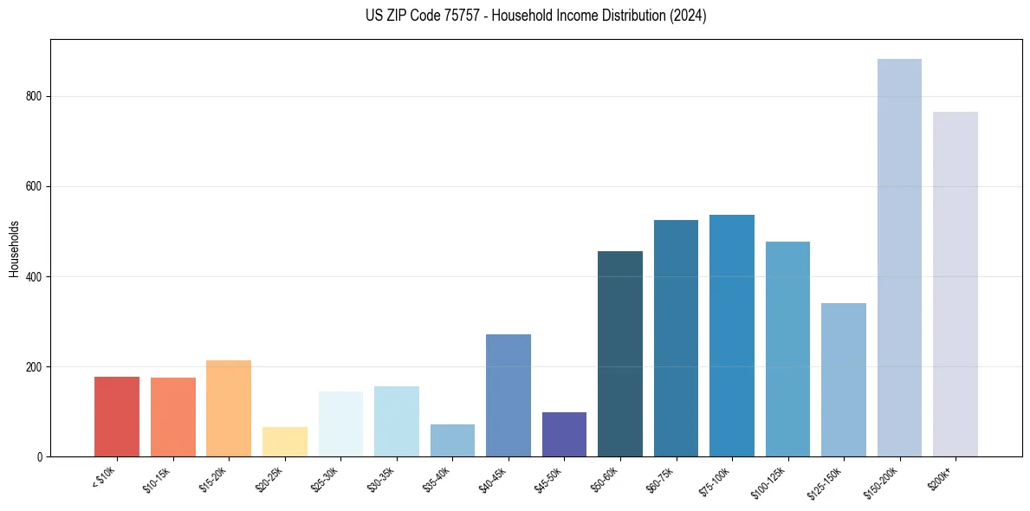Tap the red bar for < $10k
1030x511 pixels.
coord(117,417)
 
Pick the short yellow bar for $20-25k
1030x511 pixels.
coord(285,442)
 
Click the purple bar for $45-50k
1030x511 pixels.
coord(564,435)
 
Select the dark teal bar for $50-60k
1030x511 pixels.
coord(620,354)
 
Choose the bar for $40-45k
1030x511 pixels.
coord(509,395)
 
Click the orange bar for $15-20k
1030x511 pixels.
coord(229,408)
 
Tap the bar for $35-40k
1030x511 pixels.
coord(452,440)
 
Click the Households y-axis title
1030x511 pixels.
coord(14,248)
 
